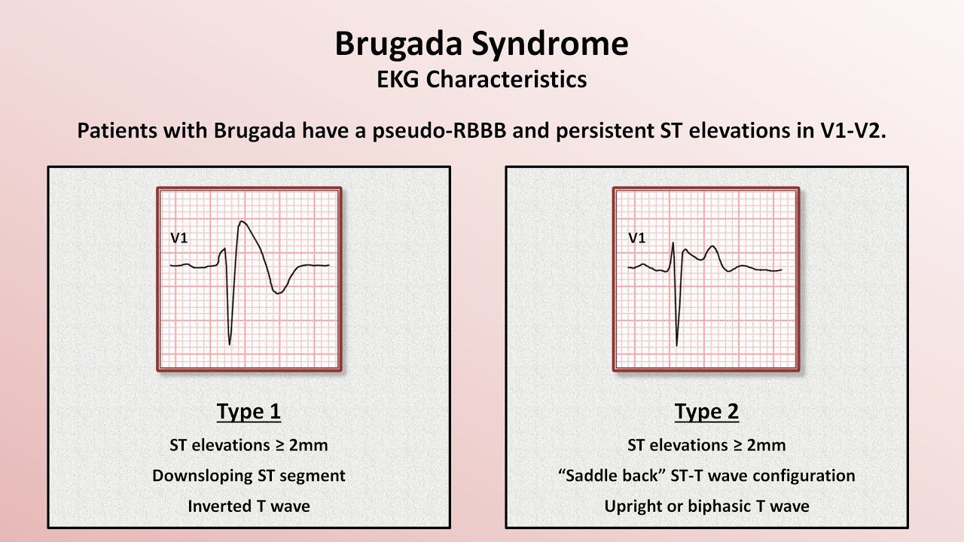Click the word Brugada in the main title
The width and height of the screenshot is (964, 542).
(398, 44)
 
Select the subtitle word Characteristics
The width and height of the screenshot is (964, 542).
(506, 80)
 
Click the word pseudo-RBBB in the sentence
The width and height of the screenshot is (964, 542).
(439, 131)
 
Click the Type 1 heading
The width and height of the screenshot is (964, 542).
(249, 412)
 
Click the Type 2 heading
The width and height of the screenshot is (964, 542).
(706, 412)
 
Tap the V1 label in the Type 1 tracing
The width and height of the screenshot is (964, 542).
(179, 238)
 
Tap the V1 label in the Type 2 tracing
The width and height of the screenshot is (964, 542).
(637, 238)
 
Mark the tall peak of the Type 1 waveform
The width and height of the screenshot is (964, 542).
(242, 222)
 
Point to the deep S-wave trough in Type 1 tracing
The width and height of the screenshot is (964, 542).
(230, 344)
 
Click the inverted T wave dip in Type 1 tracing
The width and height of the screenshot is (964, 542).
(278, 293)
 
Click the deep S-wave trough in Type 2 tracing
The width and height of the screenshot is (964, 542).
(676, 344)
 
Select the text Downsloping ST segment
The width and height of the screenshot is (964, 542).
(249, 476)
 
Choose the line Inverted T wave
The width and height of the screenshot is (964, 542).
(249, 507)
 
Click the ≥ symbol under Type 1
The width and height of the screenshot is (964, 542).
(279, 446)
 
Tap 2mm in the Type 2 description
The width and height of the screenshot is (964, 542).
(766, 445)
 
